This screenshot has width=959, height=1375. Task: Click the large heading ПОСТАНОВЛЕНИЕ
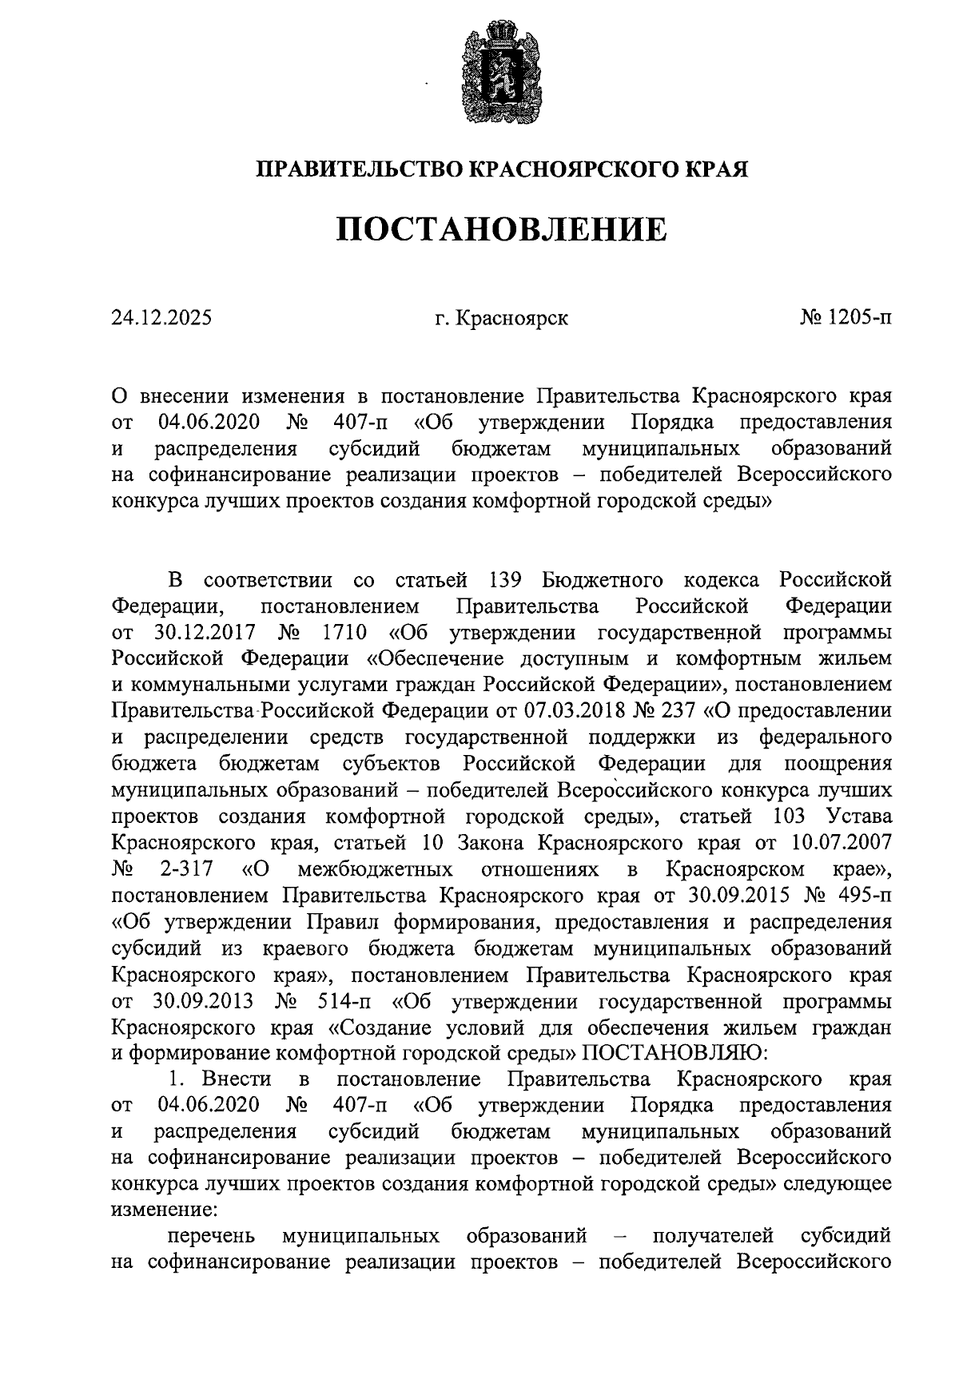pyautogui.click(x=500, y=230)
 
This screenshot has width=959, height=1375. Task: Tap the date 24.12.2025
pyautogui.click(x=162, y=319)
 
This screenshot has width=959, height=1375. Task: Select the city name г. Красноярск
pyautogui.click(x=502, y=319)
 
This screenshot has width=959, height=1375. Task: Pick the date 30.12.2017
pyautogui.click(x=203, y=632)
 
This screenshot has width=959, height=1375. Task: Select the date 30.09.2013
pyautogui.click(x=202, y=1001)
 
